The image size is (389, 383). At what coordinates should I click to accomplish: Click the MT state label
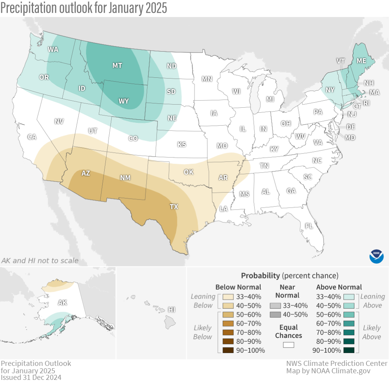pyautogui.click(x=117, y=66)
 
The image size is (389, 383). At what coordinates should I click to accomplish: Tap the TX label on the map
pyautogui.click(x=174, y=206)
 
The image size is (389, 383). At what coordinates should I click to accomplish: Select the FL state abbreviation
pyautogui.click(x=309, y=226)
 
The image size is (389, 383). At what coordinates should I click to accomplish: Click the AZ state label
pyautogui.click(x=86, y=173)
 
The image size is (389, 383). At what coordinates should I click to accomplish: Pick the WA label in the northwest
pyautogui.click(x=53, y=49)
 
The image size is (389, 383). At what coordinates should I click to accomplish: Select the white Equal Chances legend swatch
pyautogui.click(x=288, y=345)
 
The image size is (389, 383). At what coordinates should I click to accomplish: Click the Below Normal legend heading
pyautogui.click(x=238, y=287)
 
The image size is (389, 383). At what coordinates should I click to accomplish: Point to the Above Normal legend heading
pyautogui.click(x=339, y=287)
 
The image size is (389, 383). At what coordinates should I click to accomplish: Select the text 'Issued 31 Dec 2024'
pyautogui.click(x=31, y=377)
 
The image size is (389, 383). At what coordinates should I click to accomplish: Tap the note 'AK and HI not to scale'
pyautogui.click(x=40, y=261)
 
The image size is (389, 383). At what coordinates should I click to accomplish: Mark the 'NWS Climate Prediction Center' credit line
pyautogui.click(x=337, y=363)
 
